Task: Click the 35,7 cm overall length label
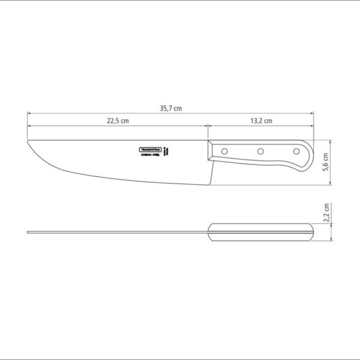(170, 108)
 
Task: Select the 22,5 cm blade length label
(118, 121)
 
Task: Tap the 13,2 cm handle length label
(261, 121)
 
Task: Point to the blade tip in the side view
(28, 142)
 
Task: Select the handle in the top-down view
(261, 231)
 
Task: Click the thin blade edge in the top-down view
(120, 231)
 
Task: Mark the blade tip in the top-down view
(29, 231)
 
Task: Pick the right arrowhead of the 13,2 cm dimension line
(312, 125)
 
